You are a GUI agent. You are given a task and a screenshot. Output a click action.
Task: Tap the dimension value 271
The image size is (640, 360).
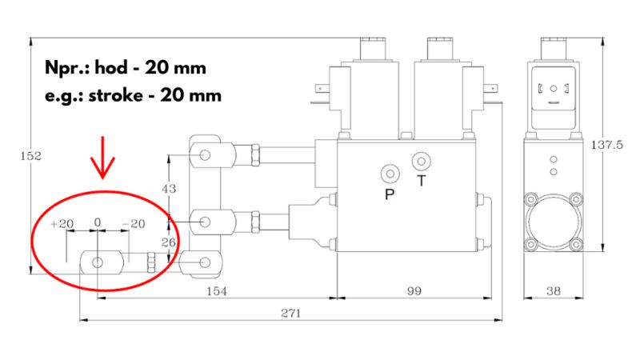pos(290,314)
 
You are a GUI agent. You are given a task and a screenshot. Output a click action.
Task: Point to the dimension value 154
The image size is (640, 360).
pos(216,291)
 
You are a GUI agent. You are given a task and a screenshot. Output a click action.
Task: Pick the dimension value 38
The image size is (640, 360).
pos(553,291)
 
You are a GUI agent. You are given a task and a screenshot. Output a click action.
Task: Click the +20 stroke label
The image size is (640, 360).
pos(61,223)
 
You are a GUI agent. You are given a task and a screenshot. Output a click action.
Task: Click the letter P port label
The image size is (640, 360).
pos(390,194)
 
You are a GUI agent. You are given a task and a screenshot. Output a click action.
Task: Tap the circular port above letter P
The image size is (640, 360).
pos(390,173)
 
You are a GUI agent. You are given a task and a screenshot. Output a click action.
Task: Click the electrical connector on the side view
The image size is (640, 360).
pos(552,89)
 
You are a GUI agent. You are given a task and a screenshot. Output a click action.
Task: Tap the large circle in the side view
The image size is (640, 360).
pos(552,220)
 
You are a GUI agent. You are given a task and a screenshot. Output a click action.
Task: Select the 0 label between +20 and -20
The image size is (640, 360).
pos(97,223)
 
